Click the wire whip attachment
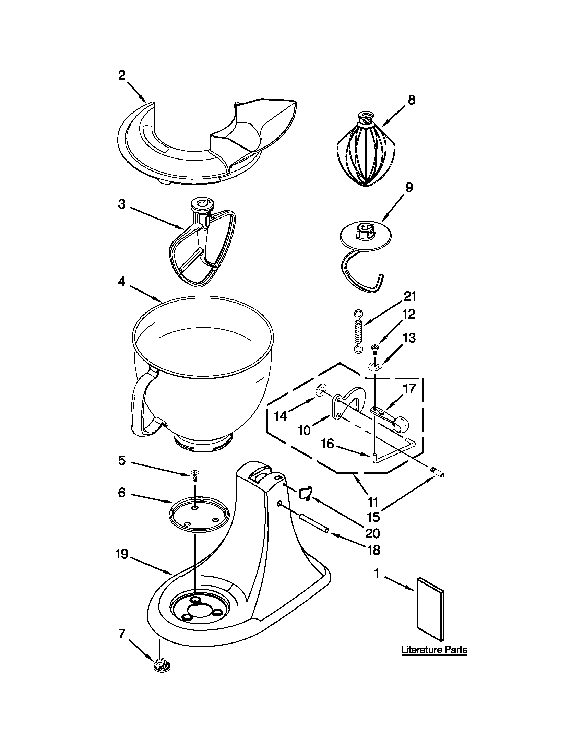[x=365, y=151]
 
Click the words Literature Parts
[x=434, y=650]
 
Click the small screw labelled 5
[x=195, y=475]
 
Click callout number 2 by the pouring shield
[x=122, y=75]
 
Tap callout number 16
[x=328, y=444]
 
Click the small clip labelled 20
[x=305, y=492]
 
